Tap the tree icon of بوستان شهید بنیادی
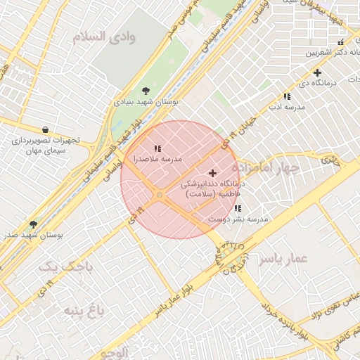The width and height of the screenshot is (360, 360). tap(146, 91)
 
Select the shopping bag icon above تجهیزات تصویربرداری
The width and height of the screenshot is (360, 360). tap(46, 129)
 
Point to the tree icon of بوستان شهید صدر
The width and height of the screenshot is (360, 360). tap(33, 224)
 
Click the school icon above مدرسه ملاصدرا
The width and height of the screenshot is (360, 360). tap(157, 148)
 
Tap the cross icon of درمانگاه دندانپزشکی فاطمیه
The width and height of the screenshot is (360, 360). tap(213, 173)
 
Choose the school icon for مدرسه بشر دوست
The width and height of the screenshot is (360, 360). tap(238, 209)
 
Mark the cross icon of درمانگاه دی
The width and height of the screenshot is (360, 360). tap(317, 72)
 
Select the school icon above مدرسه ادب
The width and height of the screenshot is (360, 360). tap(287, 96)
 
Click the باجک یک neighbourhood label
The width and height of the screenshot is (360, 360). tap(56, 267)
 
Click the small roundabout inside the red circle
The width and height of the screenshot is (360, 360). tap(160, 194)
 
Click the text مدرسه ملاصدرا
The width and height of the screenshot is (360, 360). tap(158, 160)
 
